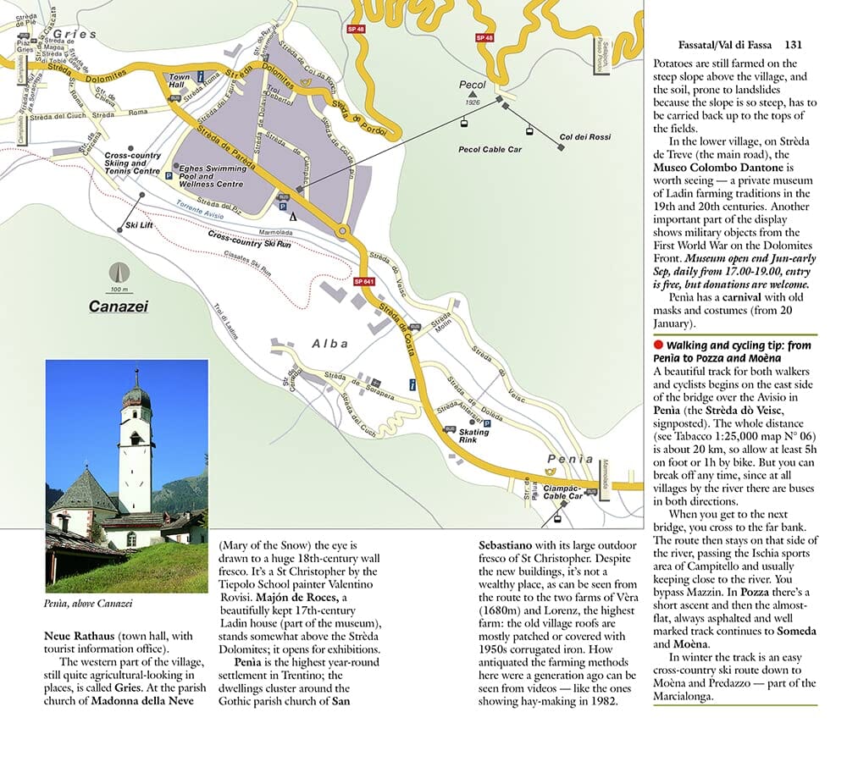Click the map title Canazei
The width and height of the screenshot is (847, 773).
[x=119, y=306]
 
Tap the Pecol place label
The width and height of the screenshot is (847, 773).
[x=472, y=86]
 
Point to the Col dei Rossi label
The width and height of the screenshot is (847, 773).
[x=584, y=135]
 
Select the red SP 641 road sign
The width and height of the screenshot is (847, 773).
[x=363, y=280]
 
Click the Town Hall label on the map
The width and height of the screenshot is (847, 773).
[x=182, y=80]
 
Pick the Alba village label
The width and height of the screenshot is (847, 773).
[x=329, y=344]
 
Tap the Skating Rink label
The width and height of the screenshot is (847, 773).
[x=473, y=436]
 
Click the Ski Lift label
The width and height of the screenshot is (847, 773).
[x=138, y=225]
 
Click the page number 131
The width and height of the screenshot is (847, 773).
[x=793, y=45]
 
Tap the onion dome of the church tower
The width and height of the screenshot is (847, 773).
[x=136, y=395]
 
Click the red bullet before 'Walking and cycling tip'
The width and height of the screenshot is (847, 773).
[x=658, y=345]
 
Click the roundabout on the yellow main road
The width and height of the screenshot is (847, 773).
[x=342, y=230]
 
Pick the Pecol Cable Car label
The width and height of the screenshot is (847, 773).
[x=490, y=149]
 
